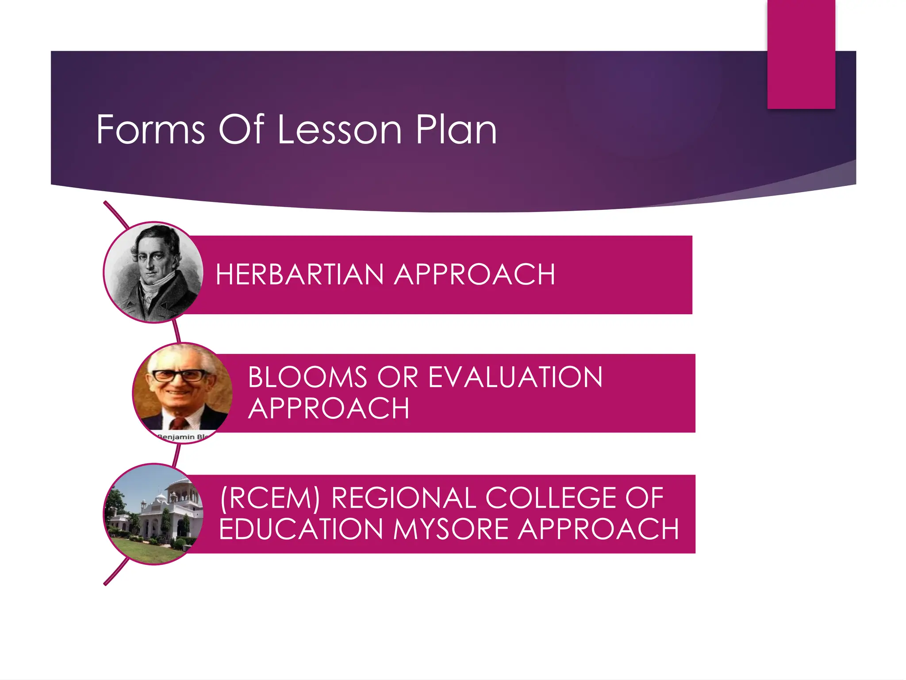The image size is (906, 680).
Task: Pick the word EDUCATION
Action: point(301,529)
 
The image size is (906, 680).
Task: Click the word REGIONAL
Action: point(404,498)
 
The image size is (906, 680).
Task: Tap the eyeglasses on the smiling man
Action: point(179,376)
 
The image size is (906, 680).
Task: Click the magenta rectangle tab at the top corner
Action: point(801,53)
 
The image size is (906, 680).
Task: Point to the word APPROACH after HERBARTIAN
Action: point(475,274)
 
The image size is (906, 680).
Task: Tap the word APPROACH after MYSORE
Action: point(599,529)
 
